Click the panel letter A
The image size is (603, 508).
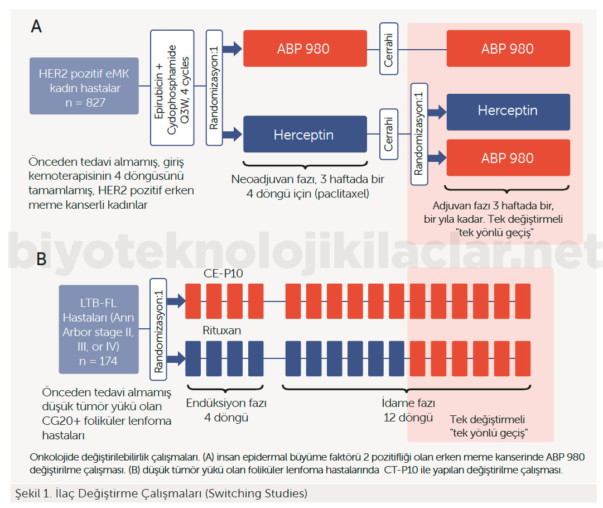click(37, 26)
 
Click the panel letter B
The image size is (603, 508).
click(41, 259)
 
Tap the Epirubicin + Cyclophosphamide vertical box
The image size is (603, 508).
click(172, 88)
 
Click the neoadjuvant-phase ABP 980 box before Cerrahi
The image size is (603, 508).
click(305, 49)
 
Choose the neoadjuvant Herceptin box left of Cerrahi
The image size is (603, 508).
click(305, 134)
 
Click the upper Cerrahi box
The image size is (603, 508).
click(389, 49)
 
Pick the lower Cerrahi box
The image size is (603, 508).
click(389, 134)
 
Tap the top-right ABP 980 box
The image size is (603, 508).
click(508, 49)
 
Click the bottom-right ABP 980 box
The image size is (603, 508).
click(508, 158)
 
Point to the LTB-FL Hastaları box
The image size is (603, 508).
click(99, 329)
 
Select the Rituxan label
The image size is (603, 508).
click(222, 330)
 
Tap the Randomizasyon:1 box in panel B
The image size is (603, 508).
click(159, 329)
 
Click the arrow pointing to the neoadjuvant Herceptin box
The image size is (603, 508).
click(230, 134)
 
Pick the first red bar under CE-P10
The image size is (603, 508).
click(192, 301)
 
